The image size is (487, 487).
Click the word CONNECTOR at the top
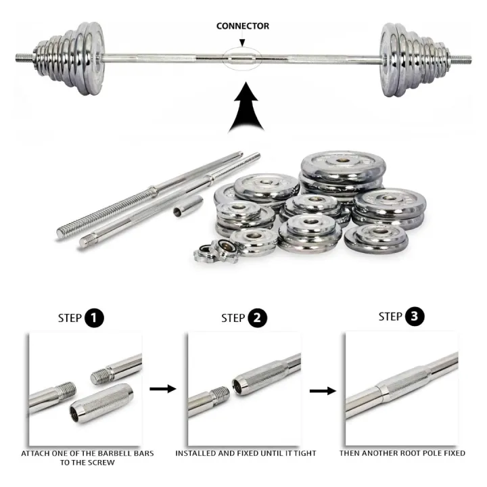(242, 26)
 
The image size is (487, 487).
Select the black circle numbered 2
(257, 319)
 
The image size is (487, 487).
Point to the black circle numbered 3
(415, 317)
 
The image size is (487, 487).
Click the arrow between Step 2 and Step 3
(321, 390)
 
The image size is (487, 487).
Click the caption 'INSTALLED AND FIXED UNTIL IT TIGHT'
(246, 453)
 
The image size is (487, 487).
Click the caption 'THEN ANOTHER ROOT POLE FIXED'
(402, 453)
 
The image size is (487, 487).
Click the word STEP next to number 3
(390, 317)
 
